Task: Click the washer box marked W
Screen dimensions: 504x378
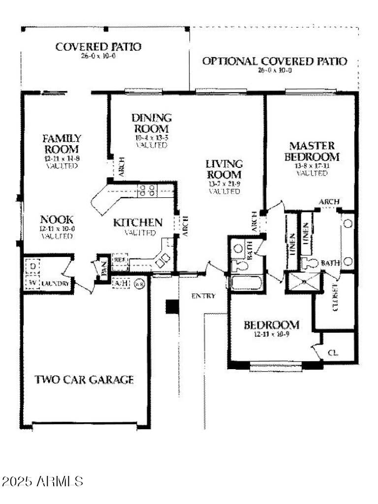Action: (31, 283)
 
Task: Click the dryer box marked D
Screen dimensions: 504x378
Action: (31, 266)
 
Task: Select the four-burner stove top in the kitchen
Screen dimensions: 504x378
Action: (147, 190)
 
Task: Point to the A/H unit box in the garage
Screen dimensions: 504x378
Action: (120, 283)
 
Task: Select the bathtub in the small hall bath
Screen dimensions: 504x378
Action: (245, 283)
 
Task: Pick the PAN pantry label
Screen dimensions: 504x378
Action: (104, 269)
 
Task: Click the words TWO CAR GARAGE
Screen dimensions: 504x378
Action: (84, 379)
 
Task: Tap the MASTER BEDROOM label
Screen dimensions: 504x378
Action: (312, 152)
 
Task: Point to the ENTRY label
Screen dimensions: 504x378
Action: (203, 296)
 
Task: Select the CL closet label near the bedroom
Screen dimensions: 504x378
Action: (334, 352)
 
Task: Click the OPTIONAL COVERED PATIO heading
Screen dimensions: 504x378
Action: (275, 62)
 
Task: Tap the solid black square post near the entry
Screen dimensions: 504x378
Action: (171, 307)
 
